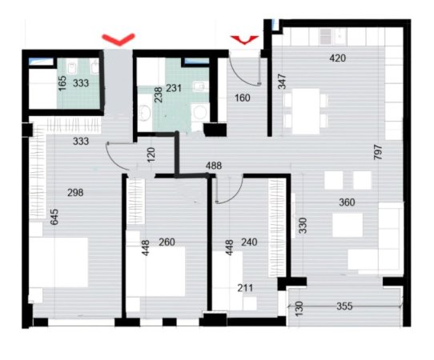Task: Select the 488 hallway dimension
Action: point(214,166)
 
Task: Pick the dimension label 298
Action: point(76,192)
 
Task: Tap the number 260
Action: point(167,242)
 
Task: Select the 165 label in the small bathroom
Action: point(62,84)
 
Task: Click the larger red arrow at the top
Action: point(118,37)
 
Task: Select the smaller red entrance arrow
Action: point(243,37)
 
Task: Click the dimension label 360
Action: point(347,202)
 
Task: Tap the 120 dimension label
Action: point(150,154)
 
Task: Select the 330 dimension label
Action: point(303,226)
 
